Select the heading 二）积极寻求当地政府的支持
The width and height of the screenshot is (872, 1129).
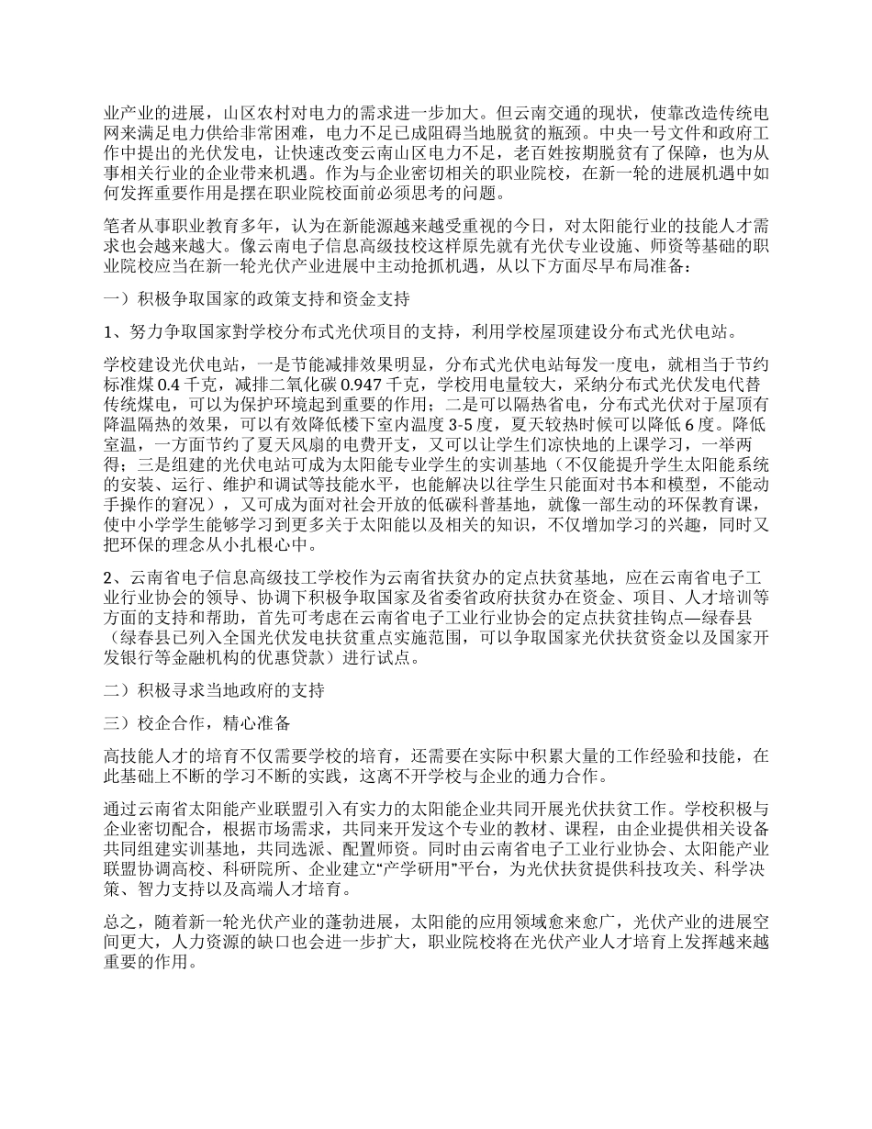click(x=212, y=689)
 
